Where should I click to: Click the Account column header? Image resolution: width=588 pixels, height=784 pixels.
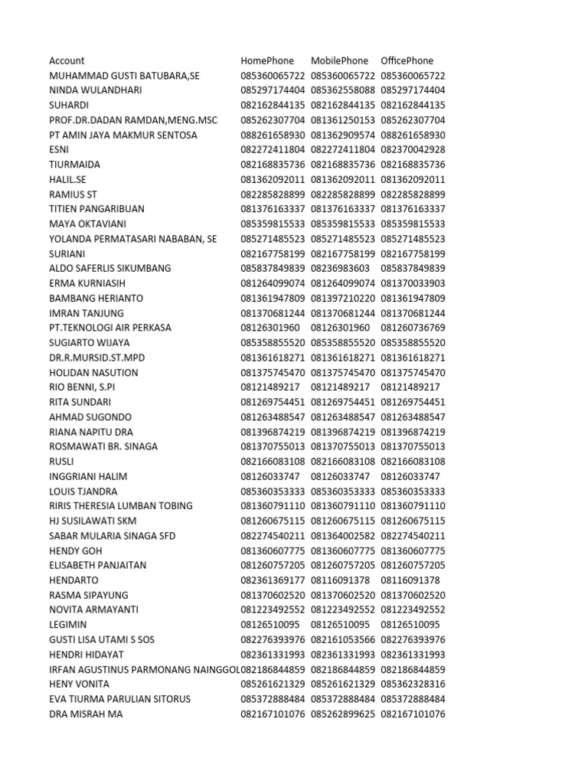(67, 60)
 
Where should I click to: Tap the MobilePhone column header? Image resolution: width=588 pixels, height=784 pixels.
(339, 60)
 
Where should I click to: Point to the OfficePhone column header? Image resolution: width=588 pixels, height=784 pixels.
(407, 60)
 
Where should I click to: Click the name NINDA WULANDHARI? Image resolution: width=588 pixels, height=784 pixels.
(95, 90)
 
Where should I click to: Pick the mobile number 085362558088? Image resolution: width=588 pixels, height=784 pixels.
(343, 90)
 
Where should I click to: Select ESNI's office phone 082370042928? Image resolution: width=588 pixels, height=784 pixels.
(413, 149)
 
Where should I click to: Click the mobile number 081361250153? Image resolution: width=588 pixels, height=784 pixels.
(343, 120)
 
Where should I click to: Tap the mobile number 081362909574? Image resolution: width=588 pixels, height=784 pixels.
(343, 135)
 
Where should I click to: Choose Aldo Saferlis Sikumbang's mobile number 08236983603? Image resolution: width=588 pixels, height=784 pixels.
(340, 268)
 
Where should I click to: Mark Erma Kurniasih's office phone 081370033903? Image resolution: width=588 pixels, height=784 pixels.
(413, 283)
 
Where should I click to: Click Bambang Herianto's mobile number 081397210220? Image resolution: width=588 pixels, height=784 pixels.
(343, 298)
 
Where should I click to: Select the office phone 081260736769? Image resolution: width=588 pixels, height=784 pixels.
(413, 328)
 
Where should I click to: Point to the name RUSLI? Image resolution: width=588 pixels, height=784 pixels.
(62, 462)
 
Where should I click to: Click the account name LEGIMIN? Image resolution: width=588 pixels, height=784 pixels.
(68, 625)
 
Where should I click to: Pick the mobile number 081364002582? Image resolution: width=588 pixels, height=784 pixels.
(343, 536)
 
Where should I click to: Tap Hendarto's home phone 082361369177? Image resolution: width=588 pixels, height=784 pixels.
(273, 580)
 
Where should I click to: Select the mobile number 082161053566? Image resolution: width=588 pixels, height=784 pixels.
(343, 639)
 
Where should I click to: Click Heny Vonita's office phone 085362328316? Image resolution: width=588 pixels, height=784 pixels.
(413, 684)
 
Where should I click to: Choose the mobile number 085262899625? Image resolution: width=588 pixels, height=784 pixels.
(343, 714)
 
